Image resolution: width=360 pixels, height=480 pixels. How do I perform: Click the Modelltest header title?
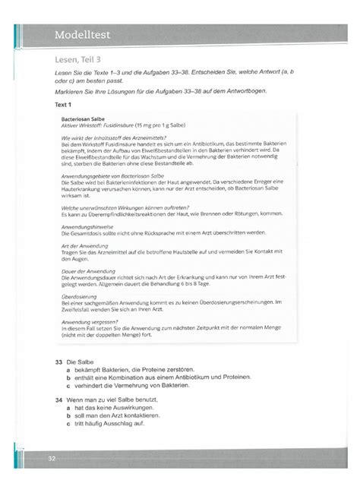87,34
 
